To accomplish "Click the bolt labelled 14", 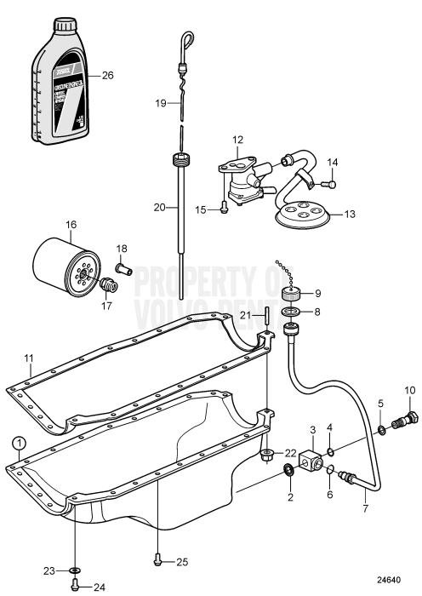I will coord(331,184).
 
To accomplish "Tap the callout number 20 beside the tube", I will coord(159,208).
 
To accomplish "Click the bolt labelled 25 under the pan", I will coord(158,561).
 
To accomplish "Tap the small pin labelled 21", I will coord(265,317).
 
